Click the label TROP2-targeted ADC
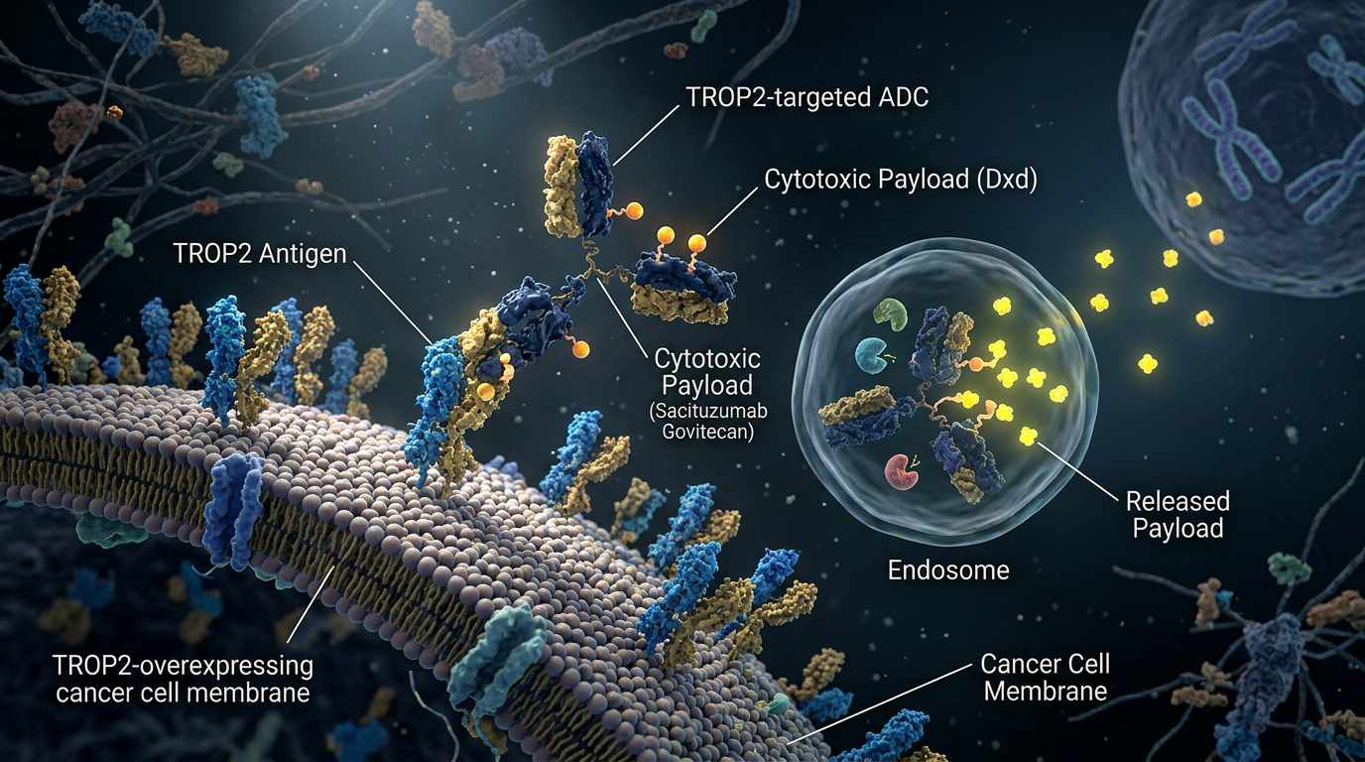tap(807, 97)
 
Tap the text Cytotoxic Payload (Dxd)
tap(901, 180)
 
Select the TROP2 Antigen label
tap(260, 253)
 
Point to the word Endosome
tap(948, 571)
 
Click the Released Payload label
tap(1178, 515)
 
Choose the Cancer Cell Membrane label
tap(1046, 678)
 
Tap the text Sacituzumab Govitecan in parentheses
tap(707, 422)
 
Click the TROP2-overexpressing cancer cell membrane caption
tap(183, 679)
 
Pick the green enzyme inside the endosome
tap(890, 314)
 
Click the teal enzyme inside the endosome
tap(873, 356)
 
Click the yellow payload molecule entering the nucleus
tap(1192, 199)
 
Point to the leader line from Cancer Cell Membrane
tap(879, 704)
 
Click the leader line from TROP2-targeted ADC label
tap(646, 135)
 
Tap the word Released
tap(1178, 501)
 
